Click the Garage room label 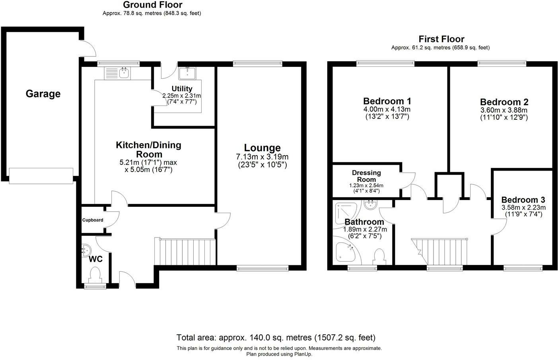click(43, 94)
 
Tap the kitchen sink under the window click(117, 73)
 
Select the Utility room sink click(187, 73)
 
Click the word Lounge click(262, 148)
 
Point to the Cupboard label click(93, 220)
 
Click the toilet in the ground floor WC click(95, 275)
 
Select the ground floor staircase click(185, 251)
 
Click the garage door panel click(41, 176)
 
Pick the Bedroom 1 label click(387, 101)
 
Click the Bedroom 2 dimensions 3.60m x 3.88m click(504, 110)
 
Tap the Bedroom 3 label click(523, 200)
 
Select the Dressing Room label click(366, 176)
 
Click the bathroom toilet click(379, 257)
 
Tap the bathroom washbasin click(371, 205)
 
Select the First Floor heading click(441, 39)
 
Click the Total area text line click(276, 338)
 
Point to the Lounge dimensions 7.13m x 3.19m click(262, 157)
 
